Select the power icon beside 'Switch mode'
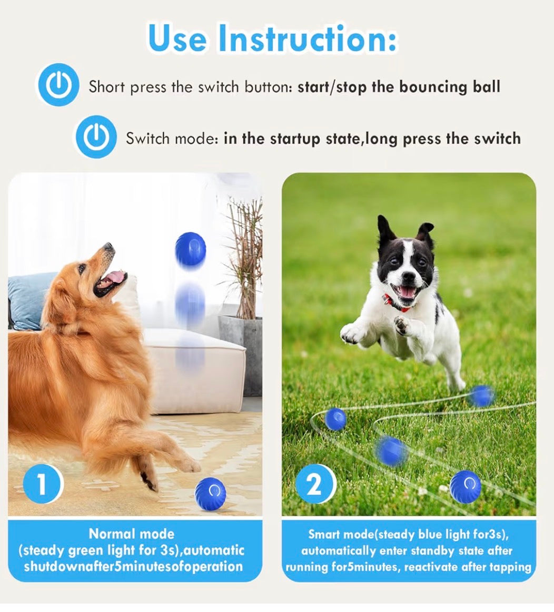click(x=96, y=138)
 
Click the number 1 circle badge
click(x=42, y=485)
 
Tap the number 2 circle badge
click(x=314, y=485)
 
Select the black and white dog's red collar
click(x=398, y=303)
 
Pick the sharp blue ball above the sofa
click(x=190, y=249)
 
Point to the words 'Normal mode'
click(x=132, y=534)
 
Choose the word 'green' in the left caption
click(x=86, y=551)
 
